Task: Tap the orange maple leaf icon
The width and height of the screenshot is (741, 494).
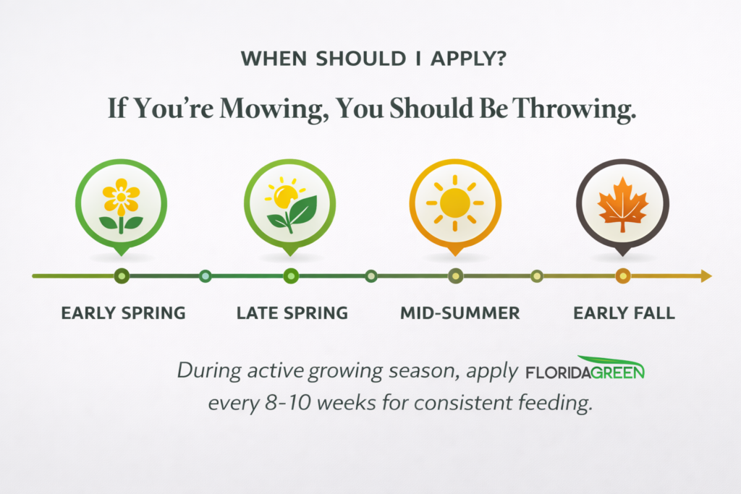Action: coord(622,205)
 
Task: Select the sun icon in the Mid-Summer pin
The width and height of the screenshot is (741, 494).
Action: coord(454,203)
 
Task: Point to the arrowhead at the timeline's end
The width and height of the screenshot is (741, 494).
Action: coord(706,276)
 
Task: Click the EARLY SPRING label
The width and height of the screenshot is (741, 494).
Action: coord(123,313)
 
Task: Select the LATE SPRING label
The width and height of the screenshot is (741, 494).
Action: coord(292,313)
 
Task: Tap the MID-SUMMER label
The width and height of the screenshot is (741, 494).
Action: coord(460,313)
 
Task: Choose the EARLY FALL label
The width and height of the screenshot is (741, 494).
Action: coord(624,313)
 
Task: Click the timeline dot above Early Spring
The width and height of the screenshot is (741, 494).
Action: coord(122,276)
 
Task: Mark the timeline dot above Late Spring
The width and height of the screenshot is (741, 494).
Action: coord(291,276)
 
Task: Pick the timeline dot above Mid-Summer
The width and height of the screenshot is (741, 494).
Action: coord(456,276)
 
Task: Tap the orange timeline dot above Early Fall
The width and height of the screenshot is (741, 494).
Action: coord(623,276)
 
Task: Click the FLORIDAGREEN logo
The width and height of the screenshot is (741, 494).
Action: coord(585,368)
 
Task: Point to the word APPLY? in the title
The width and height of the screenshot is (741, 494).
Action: coord(468,59)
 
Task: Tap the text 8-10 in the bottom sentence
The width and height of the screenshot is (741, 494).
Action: coord(289,403)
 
